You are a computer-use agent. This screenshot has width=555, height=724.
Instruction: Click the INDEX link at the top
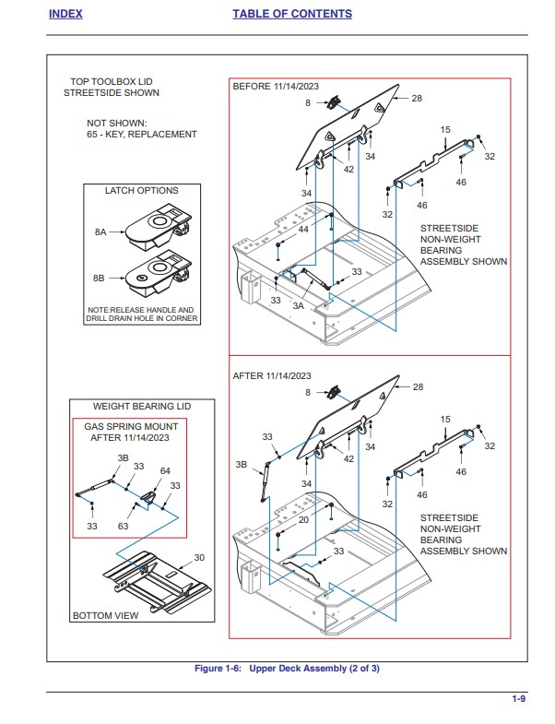[65, 14]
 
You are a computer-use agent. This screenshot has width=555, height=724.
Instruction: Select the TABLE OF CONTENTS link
[291, 14]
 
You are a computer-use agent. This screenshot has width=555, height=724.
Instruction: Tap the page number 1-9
[518, 699]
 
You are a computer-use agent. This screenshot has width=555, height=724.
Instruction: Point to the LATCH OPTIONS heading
[141, 191]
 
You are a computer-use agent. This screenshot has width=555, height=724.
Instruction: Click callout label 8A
[100, 232]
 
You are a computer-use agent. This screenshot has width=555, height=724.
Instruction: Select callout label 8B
[100, 276]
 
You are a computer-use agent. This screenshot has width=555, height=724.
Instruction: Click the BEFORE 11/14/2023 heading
[276, 86]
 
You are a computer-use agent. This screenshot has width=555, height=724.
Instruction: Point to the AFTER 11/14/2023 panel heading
[272, 375]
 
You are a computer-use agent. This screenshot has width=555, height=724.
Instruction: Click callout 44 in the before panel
[303, 229]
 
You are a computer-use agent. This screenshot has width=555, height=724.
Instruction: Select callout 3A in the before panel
[299, 304]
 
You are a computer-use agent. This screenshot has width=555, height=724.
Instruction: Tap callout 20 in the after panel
[303, 520]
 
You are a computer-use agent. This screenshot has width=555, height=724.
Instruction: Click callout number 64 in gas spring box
[165, 471]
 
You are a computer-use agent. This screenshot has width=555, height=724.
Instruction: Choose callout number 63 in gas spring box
[123, 526]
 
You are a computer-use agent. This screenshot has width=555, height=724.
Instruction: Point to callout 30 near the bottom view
[198, 558]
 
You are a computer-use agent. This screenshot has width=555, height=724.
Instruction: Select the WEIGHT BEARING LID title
[142, 407]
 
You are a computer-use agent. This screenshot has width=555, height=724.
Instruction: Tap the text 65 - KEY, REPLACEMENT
[142, 135]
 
